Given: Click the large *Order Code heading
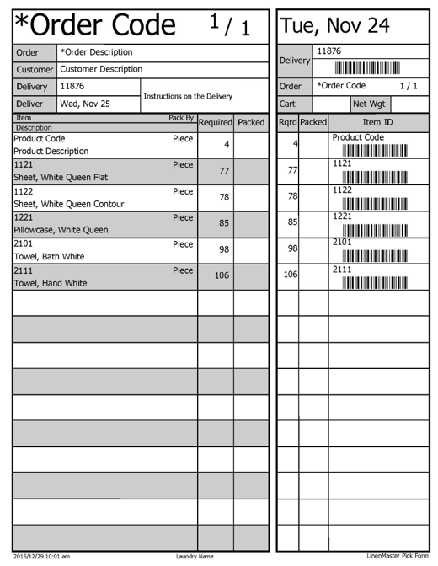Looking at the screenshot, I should (94, 26).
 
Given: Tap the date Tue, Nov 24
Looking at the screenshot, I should (335, 26).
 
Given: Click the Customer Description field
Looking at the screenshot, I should (101, 69).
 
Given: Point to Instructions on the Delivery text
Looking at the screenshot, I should (188, 96).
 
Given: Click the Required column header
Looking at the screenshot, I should (215, 123).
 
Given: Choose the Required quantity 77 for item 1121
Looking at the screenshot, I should (224, 171).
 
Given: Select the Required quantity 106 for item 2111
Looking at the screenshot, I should (222, 275).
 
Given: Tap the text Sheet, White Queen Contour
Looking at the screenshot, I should (69, 205).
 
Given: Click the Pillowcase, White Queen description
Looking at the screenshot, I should (61, 230).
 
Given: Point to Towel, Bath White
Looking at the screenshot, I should (49, 256).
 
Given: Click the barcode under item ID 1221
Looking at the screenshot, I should (374, 230).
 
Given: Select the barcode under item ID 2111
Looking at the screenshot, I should (374, 282).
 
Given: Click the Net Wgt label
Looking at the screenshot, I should (369, 104).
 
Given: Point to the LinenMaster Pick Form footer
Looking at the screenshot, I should (398, 556).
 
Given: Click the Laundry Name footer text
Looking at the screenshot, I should (195, 556).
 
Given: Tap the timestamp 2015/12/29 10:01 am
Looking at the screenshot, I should (41, 556).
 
